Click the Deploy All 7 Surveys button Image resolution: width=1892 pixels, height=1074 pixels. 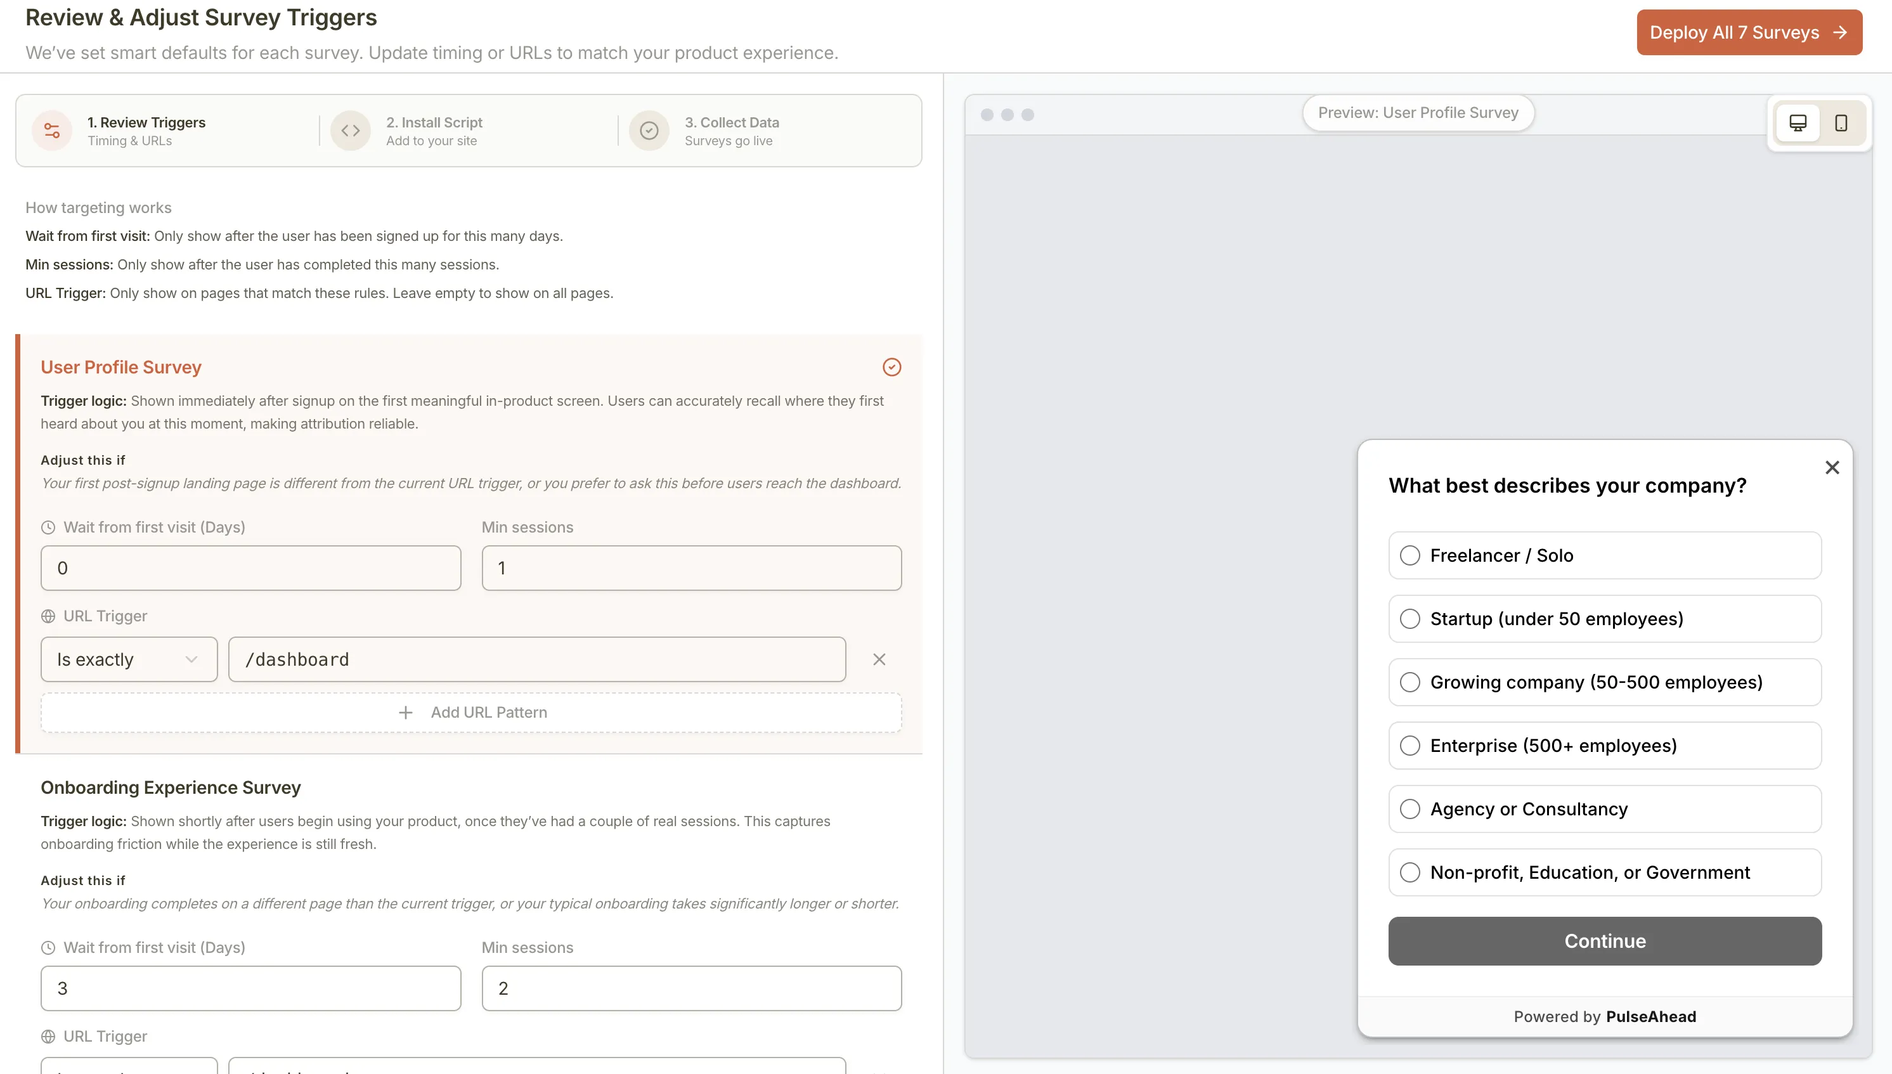click(1748, 32)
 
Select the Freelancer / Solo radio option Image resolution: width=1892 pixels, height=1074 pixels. click(1409, 555)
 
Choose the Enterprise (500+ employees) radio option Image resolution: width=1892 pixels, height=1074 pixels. click(1409, 746)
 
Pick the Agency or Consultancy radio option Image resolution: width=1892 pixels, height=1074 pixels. click(1409, 809)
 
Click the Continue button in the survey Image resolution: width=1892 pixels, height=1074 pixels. click(1604, 941)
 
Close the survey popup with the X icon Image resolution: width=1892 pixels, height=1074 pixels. click(1832, 468)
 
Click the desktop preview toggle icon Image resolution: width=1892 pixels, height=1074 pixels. click(1798, 123)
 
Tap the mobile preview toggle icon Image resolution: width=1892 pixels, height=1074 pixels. click(1841, 123)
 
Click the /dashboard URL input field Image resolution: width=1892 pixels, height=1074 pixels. click(536, 659)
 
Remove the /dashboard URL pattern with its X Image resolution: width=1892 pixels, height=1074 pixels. click(879, 659)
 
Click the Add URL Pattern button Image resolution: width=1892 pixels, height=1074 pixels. click(471, 713)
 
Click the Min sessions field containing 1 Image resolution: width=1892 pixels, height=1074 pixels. click(691, 568)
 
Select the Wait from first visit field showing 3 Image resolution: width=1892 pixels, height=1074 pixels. click(251, 988)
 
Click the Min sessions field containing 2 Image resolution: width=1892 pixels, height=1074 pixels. click(691, 988)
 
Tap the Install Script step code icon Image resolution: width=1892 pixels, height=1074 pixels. click(351, 131)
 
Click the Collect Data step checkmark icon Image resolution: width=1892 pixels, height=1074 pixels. click(649, 131)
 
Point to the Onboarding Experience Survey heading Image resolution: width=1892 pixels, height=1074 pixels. click(171, 788)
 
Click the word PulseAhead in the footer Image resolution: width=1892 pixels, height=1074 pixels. click(1651, 1016)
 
